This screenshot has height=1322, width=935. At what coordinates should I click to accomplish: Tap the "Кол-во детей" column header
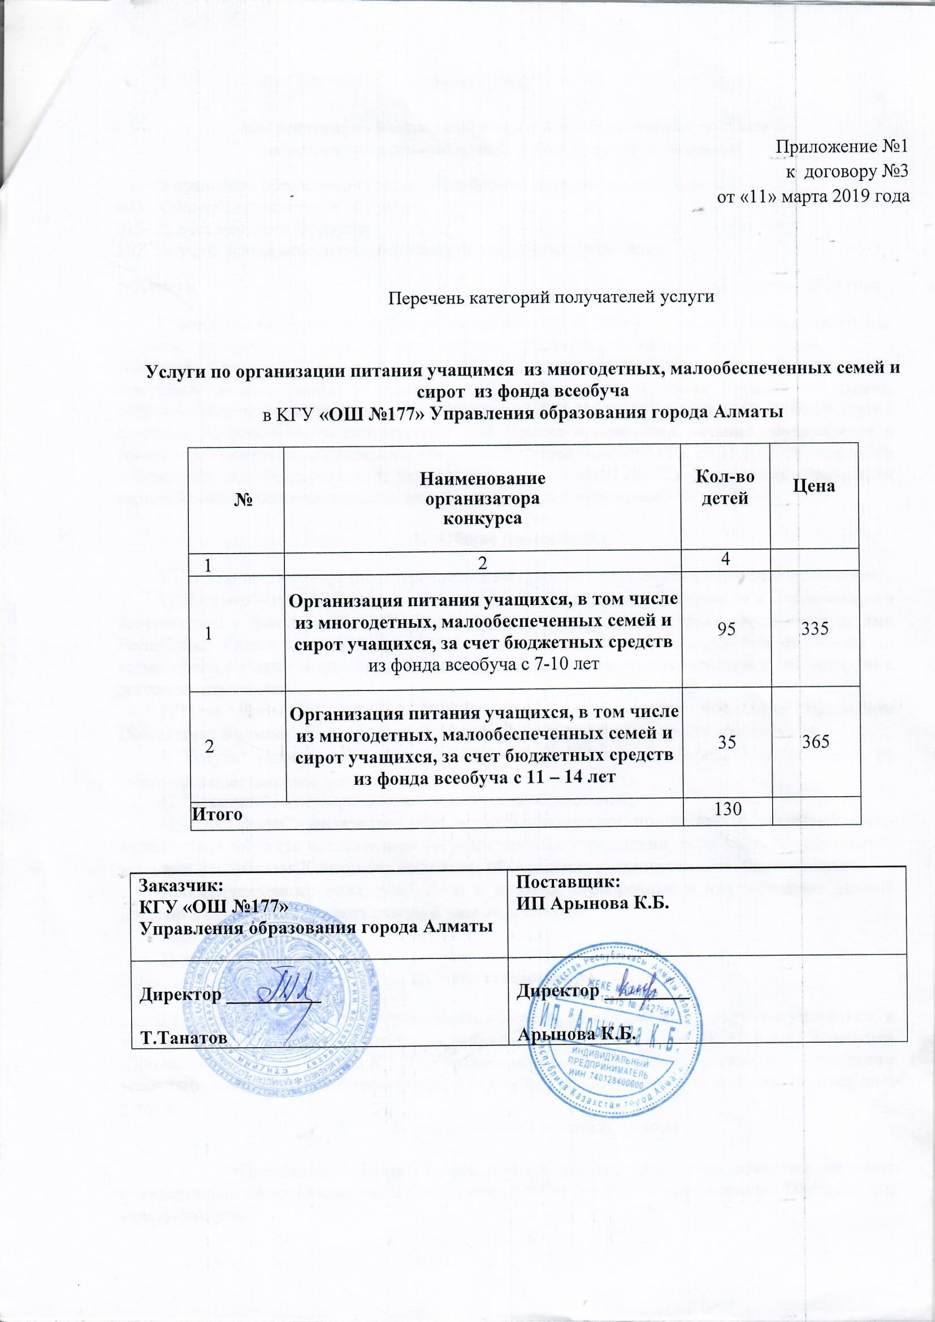724,487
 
